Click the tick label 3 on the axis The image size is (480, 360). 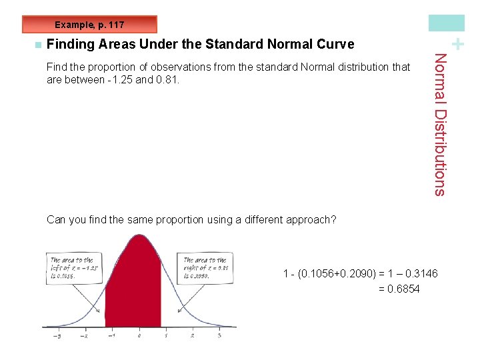pos(219,335)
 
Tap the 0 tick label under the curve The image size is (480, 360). pos(139,335)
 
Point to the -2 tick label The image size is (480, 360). pos(85,335)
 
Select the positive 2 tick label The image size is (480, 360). pos(193,335)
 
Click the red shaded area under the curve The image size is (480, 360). pos(133,287)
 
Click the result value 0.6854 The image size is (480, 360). pos(403,289)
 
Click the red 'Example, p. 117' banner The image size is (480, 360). pos(89,25)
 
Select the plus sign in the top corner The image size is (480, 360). pos(457,44)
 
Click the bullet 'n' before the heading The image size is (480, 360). pos(37,45)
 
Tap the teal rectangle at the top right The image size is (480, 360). pos(446,23)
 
